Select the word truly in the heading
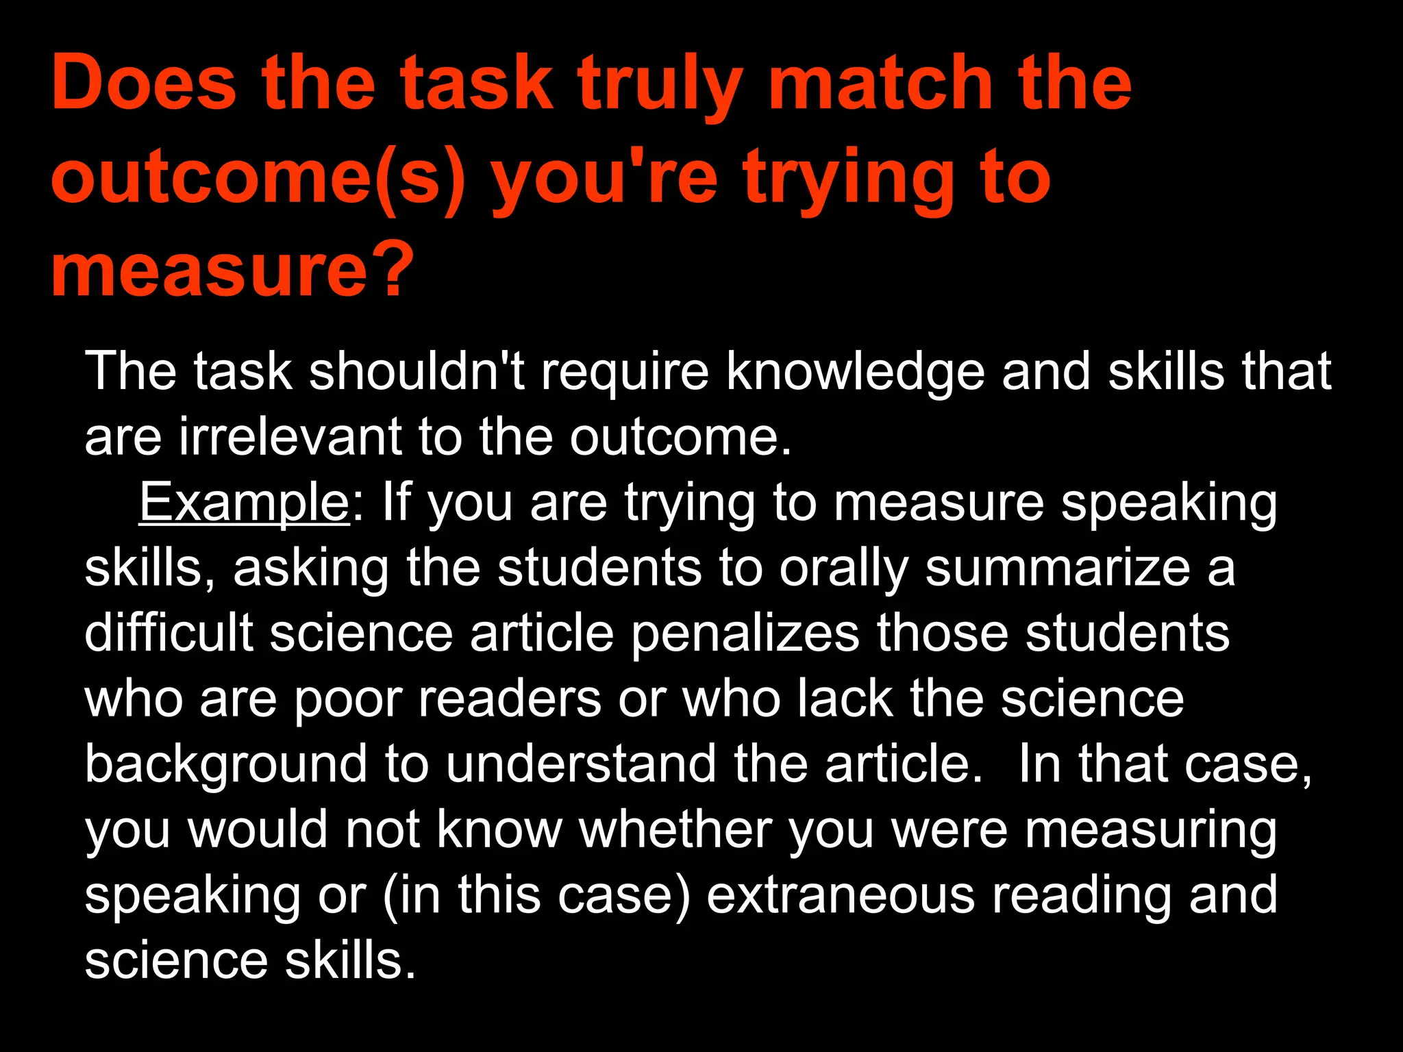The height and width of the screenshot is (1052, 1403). pos(660,86)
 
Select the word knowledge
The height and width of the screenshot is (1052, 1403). pos(855,372)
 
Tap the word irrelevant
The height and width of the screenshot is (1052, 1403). pos(290,436)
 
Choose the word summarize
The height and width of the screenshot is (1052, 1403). pos(1058,569)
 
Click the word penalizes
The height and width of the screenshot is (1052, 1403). pos(745,634)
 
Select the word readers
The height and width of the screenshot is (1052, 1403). pos(510,699)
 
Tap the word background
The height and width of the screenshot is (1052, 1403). pos(226,765)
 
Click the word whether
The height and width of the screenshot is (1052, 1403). pos(676,829)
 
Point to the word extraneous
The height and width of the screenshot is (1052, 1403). pos(841,895)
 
